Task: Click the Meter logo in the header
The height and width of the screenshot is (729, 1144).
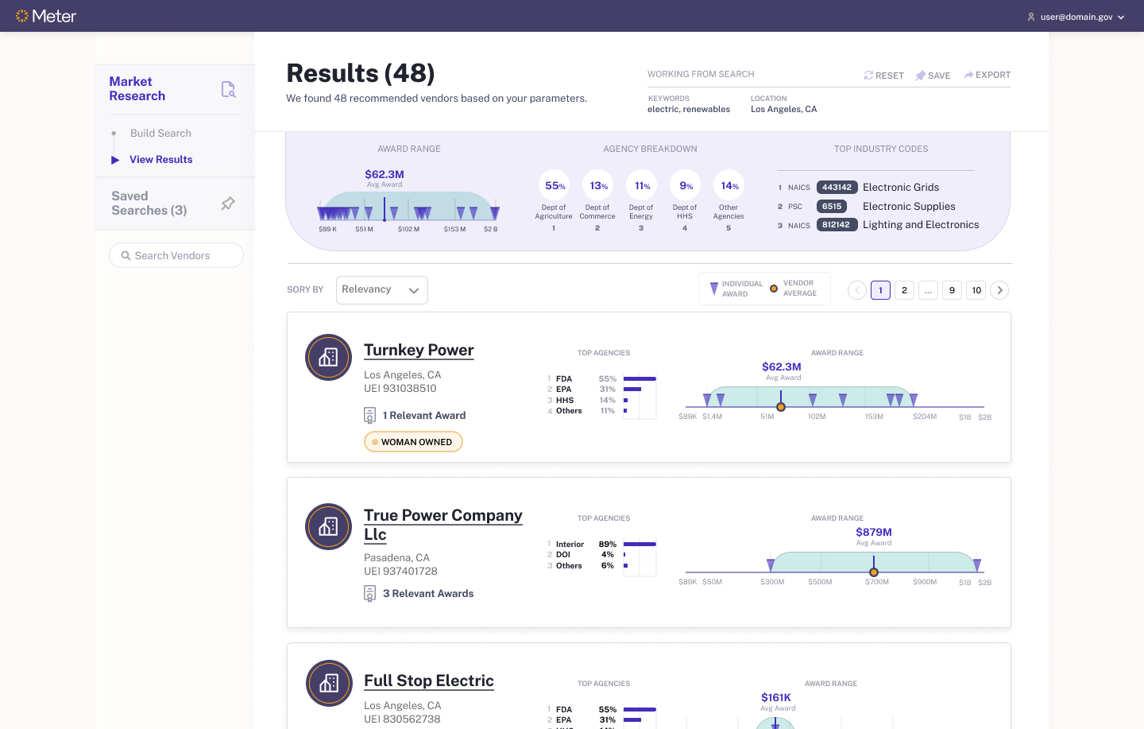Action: (x=46, y=16)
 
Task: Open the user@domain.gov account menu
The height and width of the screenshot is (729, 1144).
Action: (x=1076, y=17)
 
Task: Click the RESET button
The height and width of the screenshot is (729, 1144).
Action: (x=883, y=76)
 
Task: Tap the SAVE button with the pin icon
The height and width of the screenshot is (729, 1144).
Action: (x=933, y=76)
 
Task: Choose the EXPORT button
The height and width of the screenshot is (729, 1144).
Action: (x=987, y=75)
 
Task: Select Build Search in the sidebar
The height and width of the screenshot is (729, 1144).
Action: (x=160, y=133)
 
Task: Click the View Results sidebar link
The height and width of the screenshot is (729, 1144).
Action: (x=160, y=159)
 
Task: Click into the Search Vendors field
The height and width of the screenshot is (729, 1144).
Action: (x=176, y=255)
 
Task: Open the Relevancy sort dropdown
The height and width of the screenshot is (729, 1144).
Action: (x=381, y=290)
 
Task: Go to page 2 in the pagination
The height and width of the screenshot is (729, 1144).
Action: (x=904, y=290)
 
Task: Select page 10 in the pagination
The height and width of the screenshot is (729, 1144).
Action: (x=976, y=290)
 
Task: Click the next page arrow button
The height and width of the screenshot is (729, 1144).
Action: (x=1000, y=290)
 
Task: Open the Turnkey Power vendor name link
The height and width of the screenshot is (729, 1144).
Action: (x=419, y=350)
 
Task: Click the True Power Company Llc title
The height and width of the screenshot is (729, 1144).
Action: (x=443, y=524)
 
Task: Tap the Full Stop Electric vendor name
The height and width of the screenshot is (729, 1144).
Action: (x=428, y=681)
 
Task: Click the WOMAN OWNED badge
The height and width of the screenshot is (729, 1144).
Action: (x=413, y=442)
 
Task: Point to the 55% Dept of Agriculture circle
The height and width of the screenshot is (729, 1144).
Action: (x=554, y=186)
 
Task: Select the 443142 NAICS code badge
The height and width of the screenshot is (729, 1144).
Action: (x=837, y=188)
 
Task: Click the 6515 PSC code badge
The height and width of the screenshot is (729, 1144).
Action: (x=832, y=206)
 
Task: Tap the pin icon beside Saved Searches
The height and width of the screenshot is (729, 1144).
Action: (x=228, y=204)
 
